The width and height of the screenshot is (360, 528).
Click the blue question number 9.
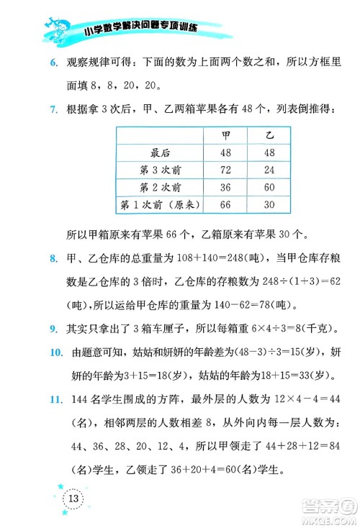tap(53, 329)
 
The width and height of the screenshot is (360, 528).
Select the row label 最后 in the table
tap(161, 153)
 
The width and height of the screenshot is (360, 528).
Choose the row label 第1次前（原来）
tap(161, 206)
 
